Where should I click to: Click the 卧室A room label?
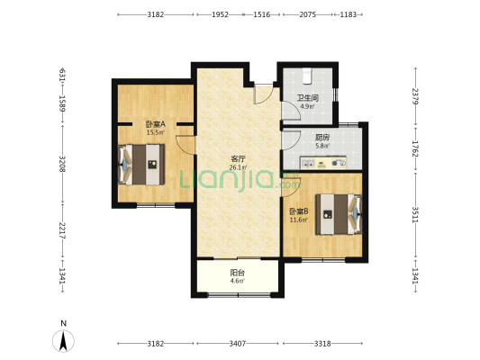click(155, 124)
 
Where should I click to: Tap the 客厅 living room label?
click(238, 159)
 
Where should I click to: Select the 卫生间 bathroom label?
click(308, 98)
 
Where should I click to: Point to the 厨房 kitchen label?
click(322, 138)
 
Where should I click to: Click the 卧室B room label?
click(299, 211)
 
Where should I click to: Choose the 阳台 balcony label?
click(237, 272)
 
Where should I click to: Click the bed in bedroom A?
click(141, 165)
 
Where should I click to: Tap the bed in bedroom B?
click(339, 214)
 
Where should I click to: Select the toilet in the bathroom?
click(307, 76)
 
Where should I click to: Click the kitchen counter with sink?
click(323, 163)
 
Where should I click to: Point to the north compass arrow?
click(63, 341)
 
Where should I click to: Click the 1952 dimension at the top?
click(220, 14)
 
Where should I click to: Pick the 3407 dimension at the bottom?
click(237, 344)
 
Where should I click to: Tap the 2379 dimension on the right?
click(415, 96)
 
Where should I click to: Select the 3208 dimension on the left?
click(62, 164)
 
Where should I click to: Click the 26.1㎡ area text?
click(238, 167)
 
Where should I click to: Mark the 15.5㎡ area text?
click(155, 132)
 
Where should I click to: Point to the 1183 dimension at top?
click(348, 14)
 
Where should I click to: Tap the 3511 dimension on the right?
click(415, 215)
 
